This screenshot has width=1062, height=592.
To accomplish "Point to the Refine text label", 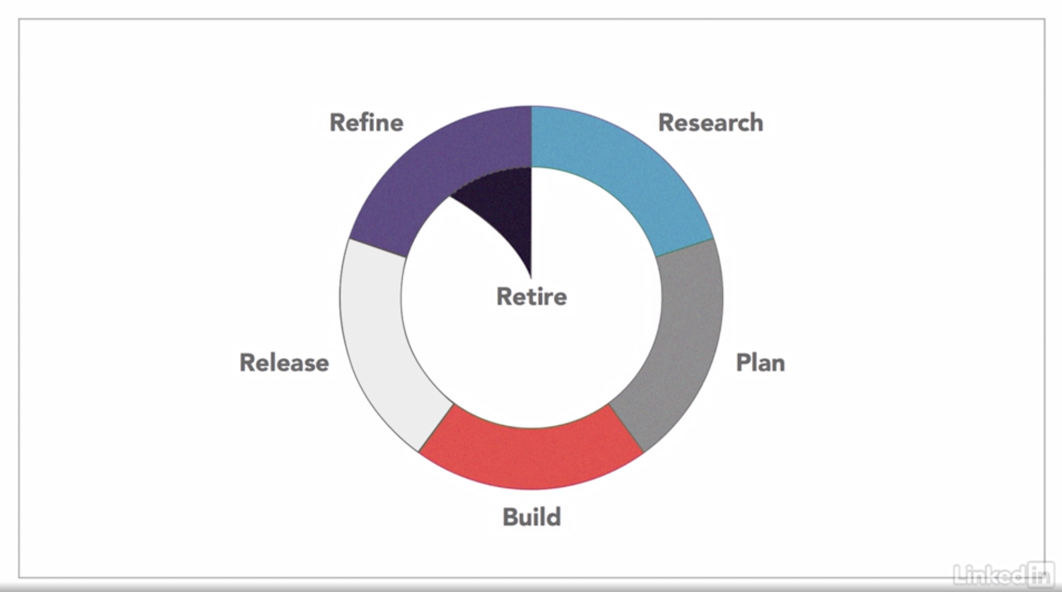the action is (x=366, y=123).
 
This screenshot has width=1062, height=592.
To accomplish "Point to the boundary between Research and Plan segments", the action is (x=684, y=248).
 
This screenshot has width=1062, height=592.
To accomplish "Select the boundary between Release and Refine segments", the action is (x=378, y=248).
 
